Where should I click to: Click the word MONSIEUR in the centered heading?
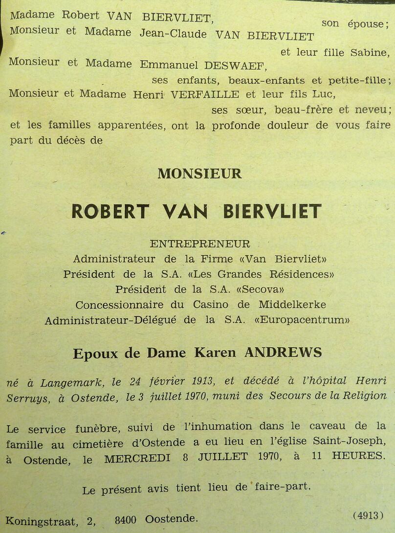[x=199, y=174]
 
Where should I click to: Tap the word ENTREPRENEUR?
[x=200, y=244]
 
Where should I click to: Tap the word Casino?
[x=210, y=304]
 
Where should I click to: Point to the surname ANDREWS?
[x=283, y=352]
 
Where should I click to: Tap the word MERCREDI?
[x=137, y=459]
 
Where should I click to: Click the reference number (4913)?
[x=366, y=515]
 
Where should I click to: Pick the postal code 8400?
[x=126, y=520]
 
